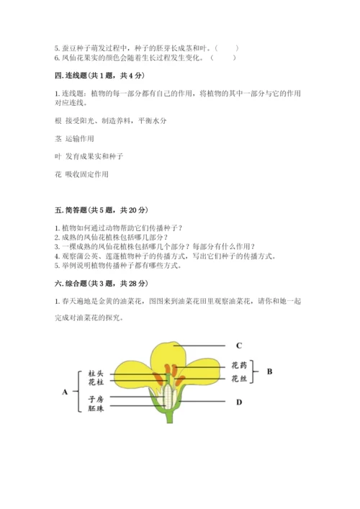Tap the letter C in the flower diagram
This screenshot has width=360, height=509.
click(238, 345)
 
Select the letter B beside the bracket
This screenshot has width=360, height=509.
click(269, 371)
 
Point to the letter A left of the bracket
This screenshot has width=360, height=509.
click(66, 392)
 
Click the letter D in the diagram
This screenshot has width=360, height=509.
click(238, 402)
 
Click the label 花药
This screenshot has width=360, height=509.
click(239, 365)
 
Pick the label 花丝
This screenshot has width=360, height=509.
click(239, 378)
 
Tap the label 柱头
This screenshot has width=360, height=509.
click(96, 374)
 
